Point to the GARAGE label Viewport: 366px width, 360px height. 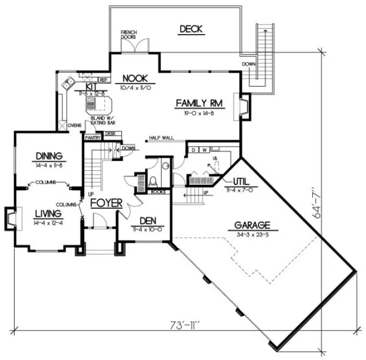coord(252,224)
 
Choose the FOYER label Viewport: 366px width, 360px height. coord(106,203)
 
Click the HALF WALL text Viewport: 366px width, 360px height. coord(162,138)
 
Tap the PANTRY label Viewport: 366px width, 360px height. coord(91,138)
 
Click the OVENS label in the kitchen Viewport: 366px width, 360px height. coord(74,125)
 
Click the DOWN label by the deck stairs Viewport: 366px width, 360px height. coord(248,65)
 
